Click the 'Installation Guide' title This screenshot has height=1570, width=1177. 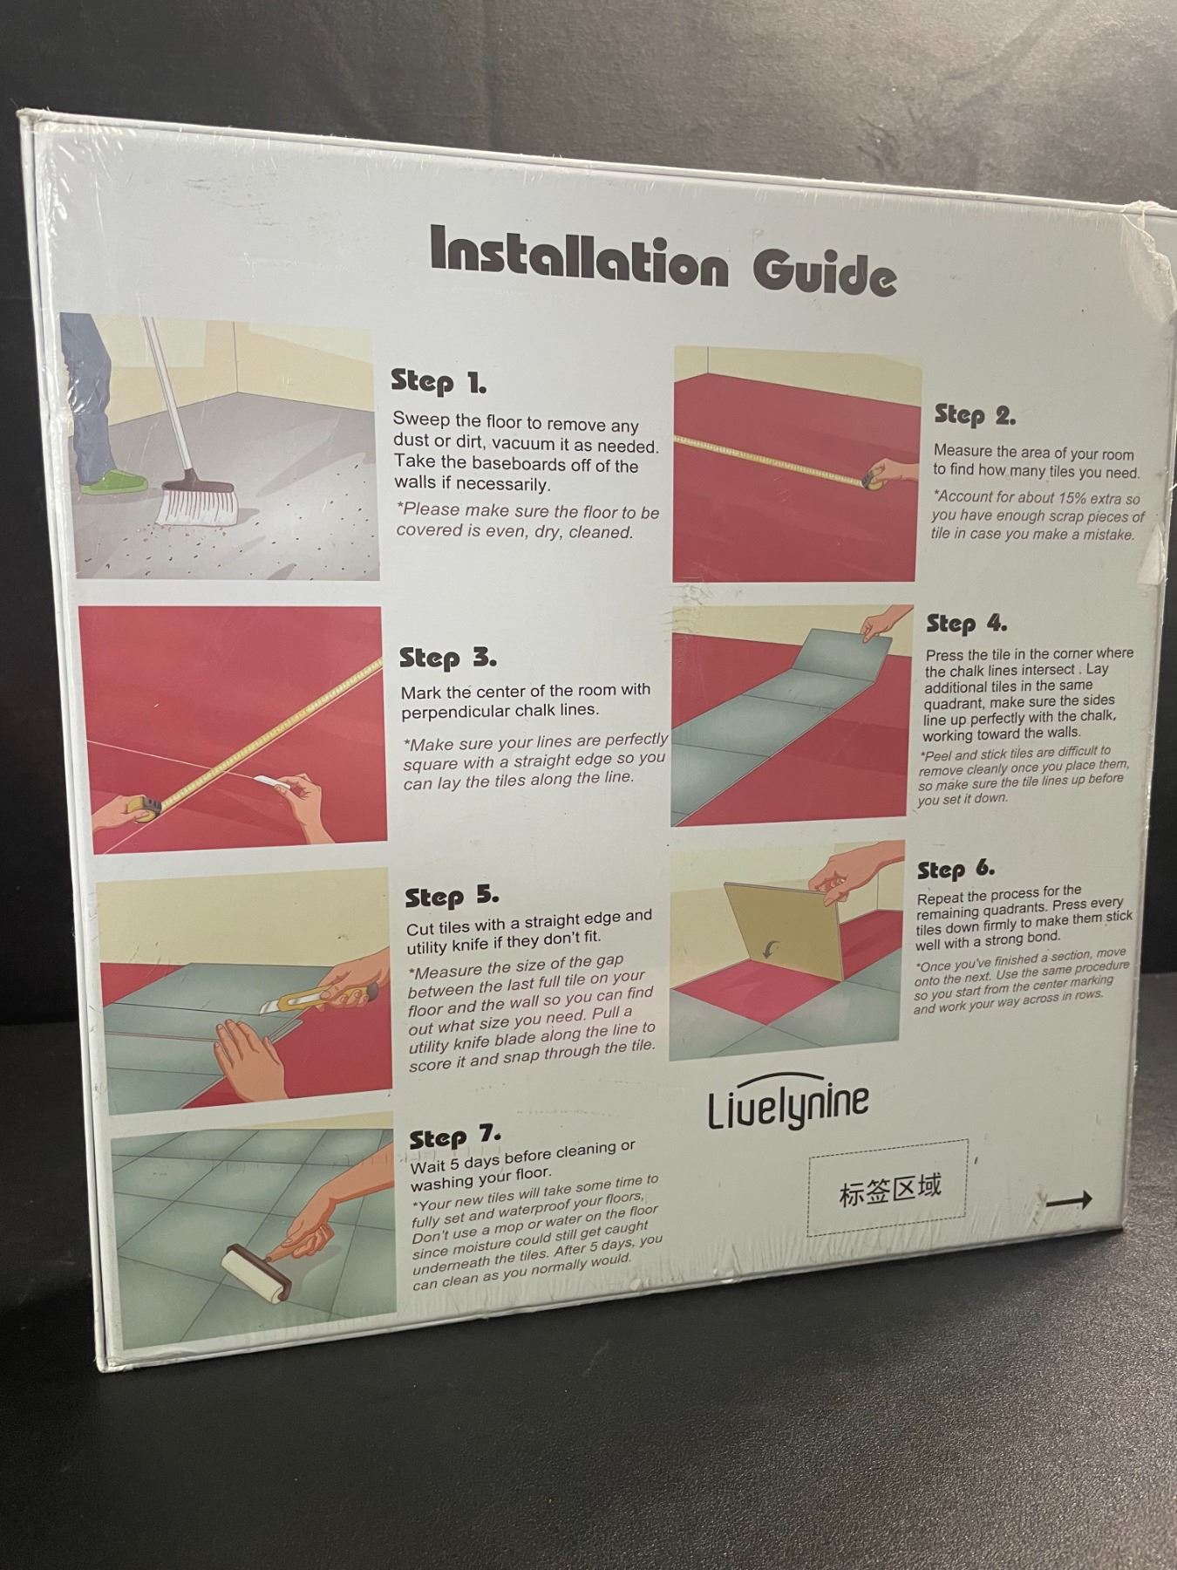663,261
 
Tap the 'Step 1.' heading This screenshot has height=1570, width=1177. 439,382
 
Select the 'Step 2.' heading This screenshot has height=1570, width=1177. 975,415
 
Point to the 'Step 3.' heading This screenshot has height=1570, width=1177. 448,658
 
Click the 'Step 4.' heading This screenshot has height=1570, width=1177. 966,624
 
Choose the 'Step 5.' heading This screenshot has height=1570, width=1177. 452,897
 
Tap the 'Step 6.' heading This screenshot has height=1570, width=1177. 956,870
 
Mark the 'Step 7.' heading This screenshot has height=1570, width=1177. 455,1137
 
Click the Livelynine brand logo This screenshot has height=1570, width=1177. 788,1104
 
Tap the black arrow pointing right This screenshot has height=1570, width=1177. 1069,1200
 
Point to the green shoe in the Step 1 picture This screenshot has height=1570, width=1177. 113,481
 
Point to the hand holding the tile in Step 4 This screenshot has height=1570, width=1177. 881,624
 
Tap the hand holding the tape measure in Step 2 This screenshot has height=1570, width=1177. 889,472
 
